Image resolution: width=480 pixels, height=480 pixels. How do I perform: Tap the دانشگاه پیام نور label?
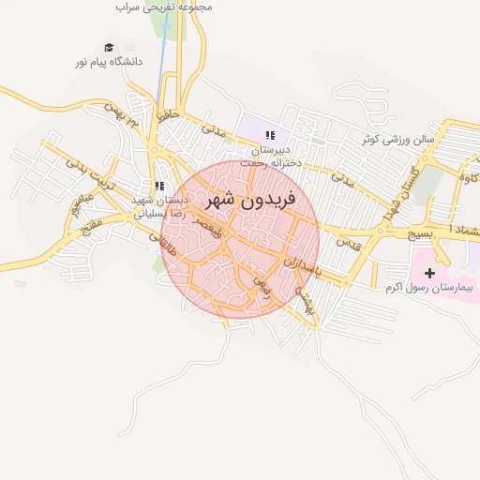pyautogui.click(x=108, y=62)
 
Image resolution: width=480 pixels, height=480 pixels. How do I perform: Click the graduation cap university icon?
pyautogui.click(x=109, y=47)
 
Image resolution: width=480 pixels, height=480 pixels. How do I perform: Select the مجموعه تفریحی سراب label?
pyautogui.click(x=164, y=7)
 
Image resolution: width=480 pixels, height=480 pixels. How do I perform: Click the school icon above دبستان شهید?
pyautogui.click(x=159, y=186)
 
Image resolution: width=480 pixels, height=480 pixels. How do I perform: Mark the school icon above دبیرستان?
pyautogui.click(x=270, y=135)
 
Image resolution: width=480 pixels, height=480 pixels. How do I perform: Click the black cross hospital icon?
pyautogui.click(x=430, y=274)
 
